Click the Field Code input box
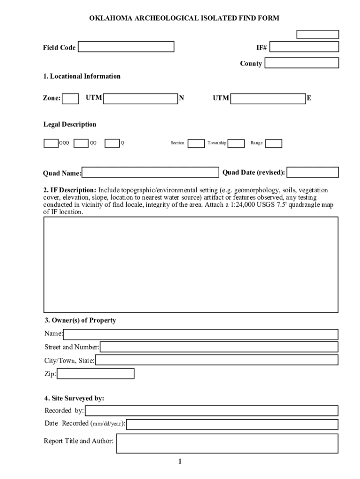click(x=126, y=47)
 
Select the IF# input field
click(x=304, y=47)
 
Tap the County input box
click(x=302, y=63)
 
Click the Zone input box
click(x=71, y=99)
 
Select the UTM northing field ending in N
click(x=140, y=99)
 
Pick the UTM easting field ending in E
click(x=268, y=99)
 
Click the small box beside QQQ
click(x=51, y=143)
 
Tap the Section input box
click(x=196, y=143)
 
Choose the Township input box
click(x=236, y=143)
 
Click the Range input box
click(x=274, y=143)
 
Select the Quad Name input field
click(x=151, y=173)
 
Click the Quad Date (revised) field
click(x=312, y=173)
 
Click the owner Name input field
click(x=201, y=334)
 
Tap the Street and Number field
click(x=219, y=347)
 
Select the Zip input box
click(x=95, y=374)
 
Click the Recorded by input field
click(x=211, y=411)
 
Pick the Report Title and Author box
click(x=227, y=443)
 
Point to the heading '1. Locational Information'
click(x=82, y=76)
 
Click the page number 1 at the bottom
click(x=180, y=462)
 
